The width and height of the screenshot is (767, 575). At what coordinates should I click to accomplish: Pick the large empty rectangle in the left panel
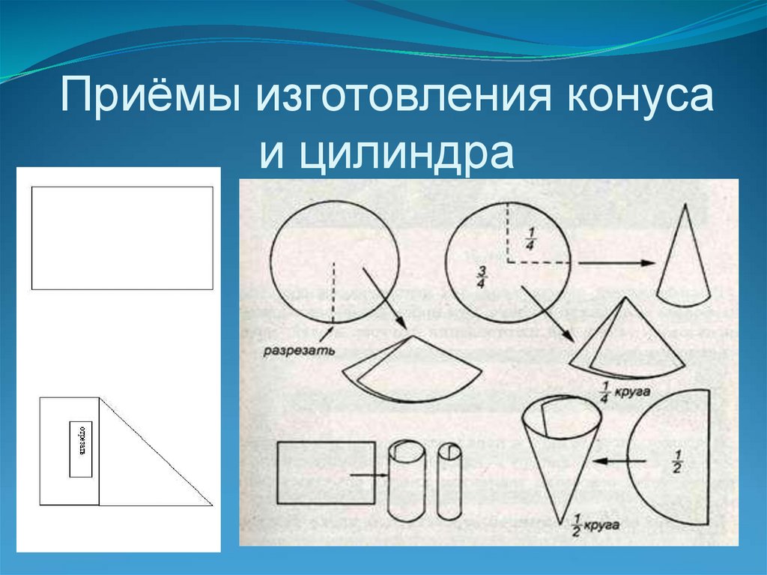coord(122,238)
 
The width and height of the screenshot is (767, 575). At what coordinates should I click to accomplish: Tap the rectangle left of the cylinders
coord(326,472)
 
